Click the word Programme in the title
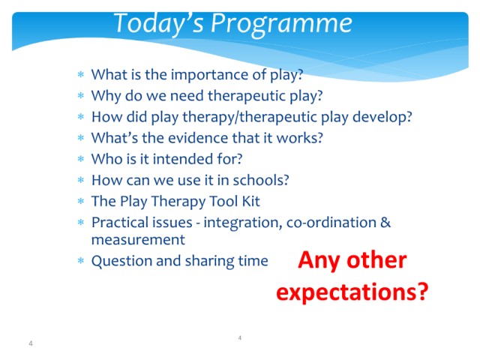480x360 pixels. click(x=281, y=24)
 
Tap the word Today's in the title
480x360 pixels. click(x=158, y=23)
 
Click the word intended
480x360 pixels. click(x=187, y=159)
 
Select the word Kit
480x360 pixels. click(x=251, y=201)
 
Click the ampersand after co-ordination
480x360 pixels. click(x=385, y=222)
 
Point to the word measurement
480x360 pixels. click(x=138, y=240)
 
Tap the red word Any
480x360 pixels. click(x=319, y=261)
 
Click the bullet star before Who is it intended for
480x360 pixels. click(x=81, y=159)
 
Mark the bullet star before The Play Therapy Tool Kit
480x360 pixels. click(x=81, y=202)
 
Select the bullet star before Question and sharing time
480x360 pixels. click(x=81, y=261)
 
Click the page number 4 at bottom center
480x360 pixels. click(x=240, y=338)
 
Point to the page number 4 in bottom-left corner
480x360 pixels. click(x=31, y=343)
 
